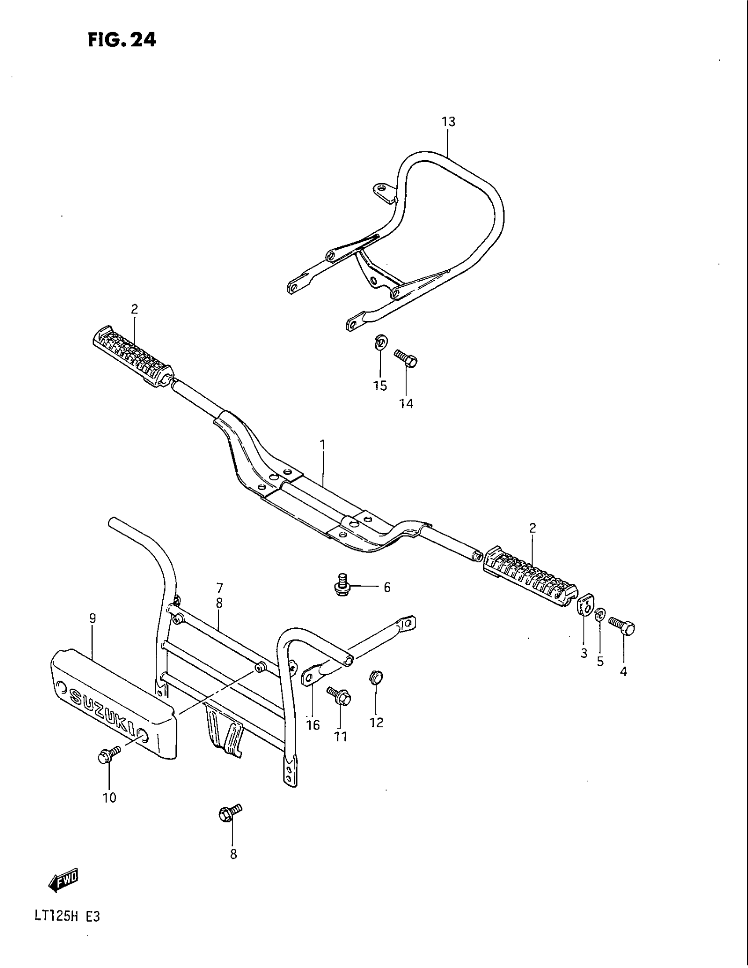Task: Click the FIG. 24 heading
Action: tap(121, 40)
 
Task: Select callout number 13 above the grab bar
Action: tap(448, 121)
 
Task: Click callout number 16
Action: tap(313, 725)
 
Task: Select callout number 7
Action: tap(220, 588)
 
